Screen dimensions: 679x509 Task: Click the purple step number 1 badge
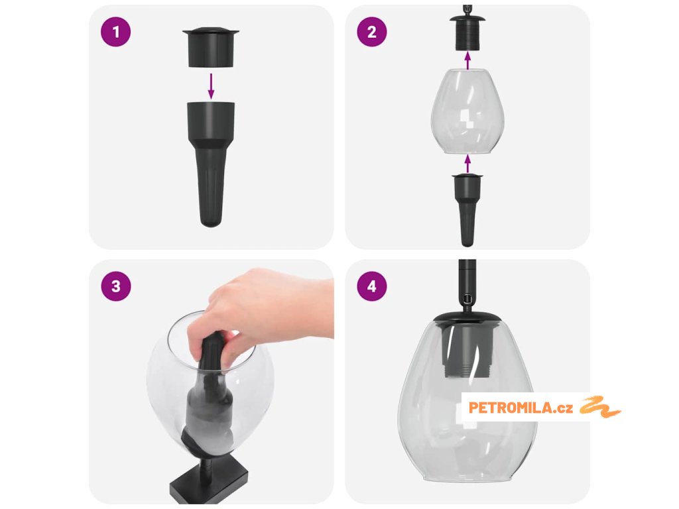pos(115,32)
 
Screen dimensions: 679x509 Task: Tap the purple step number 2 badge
pos(372,32)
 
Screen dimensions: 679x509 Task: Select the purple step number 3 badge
pos(115,286)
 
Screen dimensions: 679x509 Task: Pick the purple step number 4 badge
pos(372,286)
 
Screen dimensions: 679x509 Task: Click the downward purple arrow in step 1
pos(211,85)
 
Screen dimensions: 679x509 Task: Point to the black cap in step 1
pos(211,47)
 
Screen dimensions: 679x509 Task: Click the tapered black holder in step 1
pos(211,164)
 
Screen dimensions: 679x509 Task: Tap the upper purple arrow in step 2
pos(467,60)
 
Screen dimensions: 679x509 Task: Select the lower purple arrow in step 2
pos(467,164)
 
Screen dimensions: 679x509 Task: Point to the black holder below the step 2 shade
pos(467,210)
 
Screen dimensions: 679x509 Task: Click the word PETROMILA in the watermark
pos(510,408)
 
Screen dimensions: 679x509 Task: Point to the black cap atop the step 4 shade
pos(467,317)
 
